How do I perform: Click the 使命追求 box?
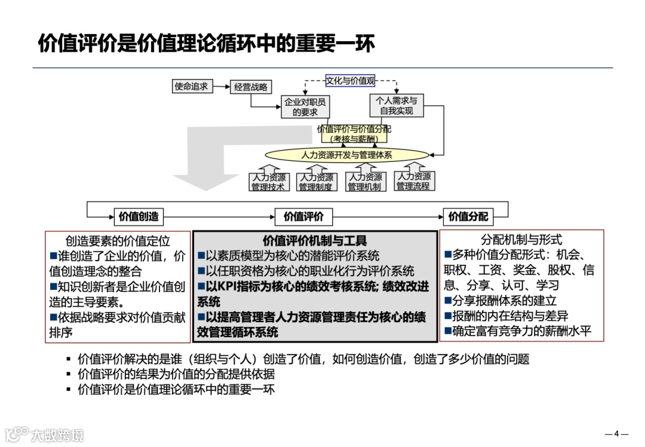click(x=191, y=87)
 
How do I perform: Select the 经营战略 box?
click(x=250, y=87)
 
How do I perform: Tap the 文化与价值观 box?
click(x=351, y=81)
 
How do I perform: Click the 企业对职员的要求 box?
click(x=305, y=106)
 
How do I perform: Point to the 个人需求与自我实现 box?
click(x=396, y=106)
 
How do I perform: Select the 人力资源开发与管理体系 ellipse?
click(x=346, y=155)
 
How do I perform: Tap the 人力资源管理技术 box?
click(x=268, y=182)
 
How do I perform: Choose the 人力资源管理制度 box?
click(x=315, y=182)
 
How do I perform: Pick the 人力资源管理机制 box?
click(x=364, y=182)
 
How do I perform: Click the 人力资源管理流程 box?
click(x=414, y=181)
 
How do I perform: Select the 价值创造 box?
click(x=139, y=216)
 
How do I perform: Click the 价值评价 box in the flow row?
click(x=303, y=216)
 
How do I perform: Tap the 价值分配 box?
click(x=468, y=216)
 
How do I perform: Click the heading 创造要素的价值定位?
click(x=118, y=241)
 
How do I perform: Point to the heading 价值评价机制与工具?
click(x=315, y=240)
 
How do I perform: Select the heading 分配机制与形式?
click(x=521, y=240)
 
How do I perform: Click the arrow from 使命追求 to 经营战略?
click(x=221, y=87)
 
